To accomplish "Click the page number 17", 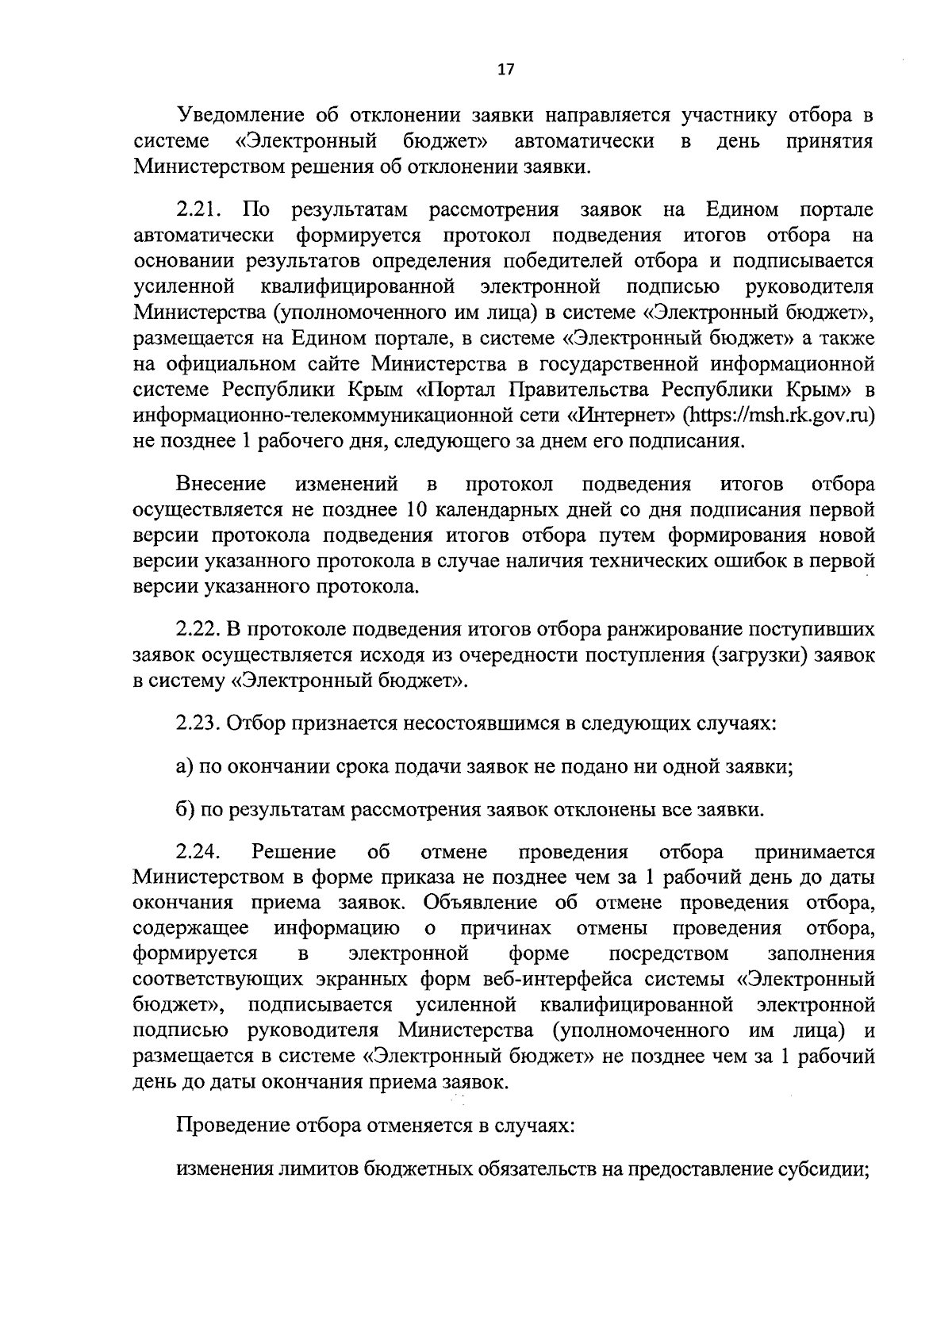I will [x=505, y=69].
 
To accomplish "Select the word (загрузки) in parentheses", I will [x=763, y=656].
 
